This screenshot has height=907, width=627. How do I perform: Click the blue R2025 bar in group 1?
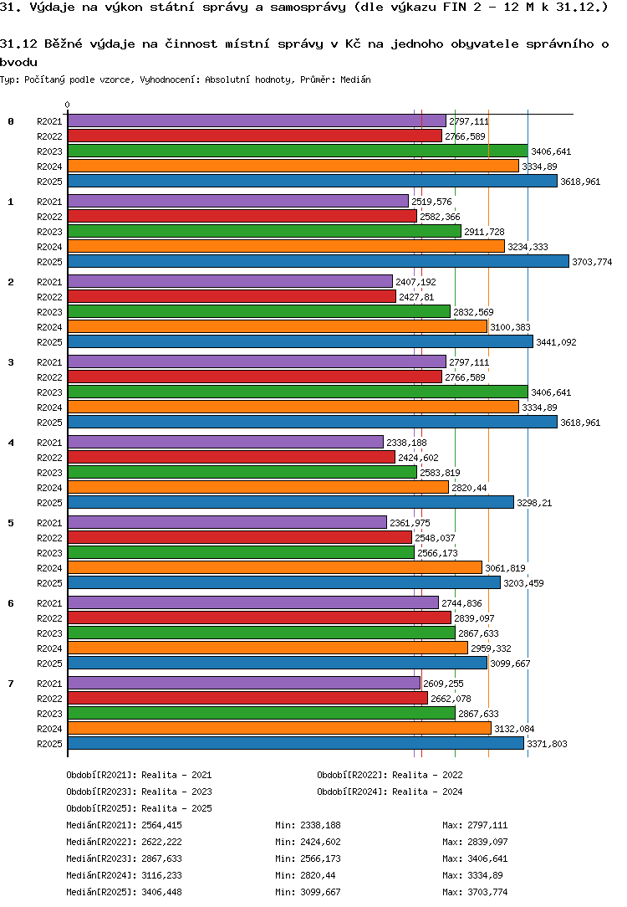point(318,261)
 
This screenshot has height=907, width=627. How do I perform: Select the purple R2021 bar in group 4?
point(225,442)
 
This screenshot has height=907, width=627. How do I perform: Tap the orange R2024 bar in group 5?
point(274,567)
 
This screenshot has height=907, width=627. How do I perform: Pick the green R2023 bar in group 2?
point(258,311)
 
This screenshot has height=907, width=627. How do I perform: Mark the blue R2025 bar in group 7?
point(295,743)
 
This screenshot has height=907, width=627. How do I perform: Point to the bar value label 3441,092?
point(556,342)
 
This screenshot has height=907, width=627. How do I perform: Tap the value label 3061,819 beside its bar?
point(505,568)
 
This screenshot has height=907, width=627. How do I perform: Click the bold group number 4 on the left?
point(11,442)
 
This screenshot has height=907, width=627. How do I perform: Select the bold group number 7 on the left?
point(11,683)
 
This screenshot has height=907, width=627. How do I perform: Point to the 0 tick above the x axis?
point(67,105)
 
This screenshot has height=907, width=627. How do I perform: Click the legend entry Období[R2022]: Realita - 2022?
point(390,775)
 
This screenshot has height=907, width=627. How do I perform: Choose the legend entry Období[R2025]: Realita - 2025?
point(139,808)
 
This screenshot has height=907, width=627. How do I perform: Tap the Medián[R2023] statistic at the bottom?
point(124,858)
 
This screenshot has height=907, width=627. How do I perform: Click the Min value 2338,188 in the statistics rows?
point(308,825)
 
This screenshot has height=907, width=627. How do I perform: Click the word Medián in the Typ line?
point(355,79)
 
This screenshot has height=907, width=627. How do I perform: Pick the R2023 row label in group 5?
point(49,553)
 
